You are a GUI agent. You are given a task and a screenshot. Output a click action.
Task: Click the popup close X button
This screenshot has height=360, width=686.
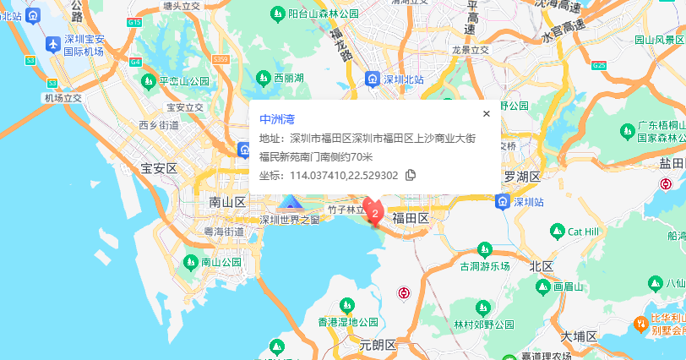(x=486, y=114)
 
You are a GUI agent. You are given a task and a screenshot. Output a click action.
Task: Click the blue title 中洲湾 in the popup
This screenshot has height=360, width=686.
(x=277, y=119)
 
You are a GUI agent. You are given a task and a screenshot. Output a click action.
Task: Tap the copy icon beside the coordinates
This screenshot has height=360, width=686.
(x=411, y=175)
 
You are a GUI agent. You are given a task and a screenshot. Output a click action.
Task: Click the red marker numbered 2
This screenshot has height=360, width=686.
(x=375, y=212)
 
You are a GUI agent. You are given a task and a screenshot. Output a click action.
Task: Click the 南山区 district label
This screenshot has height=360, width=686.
(x=226, y=202)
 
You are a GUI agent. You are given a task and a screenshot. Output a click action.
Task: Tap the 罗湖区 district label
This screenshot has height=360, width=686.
(x=521, y=177)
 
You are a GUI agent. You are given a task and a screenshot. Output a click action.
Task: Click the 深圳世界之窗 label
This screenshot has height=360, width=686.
(x=290, y=220)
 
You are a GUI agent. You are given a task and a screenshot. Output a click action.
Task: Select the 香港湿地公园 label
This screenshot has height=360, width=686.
(x=346, y=322)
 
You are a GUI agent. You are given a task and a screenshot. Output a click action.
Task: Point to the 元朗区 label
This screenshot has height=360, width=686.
(x=377, y=345)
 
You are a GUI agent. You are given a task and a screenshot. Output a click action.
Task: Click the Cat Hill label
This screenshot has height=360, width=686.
(x=582, y=232)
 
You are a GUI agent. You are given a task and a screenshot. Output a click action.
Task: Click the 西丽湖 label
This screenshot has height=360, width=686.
(x=288, y=78)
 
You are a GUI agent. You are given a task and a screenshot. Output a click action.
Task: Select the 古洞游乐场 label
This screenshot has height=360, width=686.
(x=485, y=265)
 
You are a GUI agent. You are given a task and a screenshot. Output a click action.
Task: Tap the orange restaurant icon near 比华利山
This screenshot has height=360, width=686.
(x=642, y=323)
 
